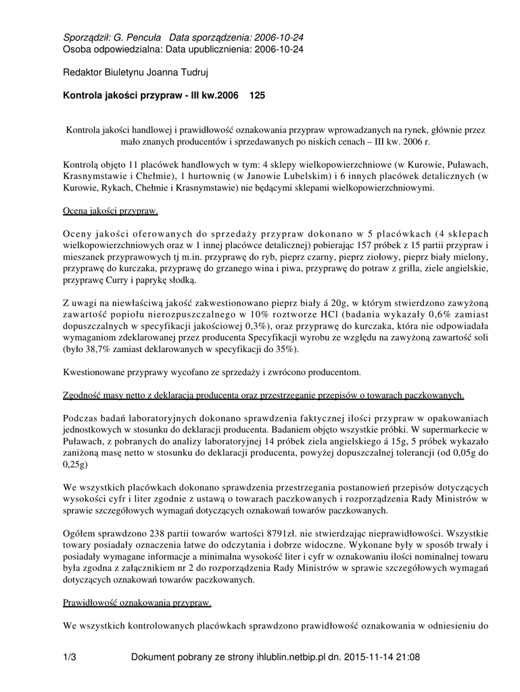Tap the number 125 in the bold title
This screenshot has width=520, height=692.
pos(258,97)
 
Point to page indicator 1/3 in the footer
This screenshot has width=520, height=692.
pos(69,657)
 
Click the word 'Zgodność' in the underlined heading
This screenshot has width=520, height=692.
pos(84,395)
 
